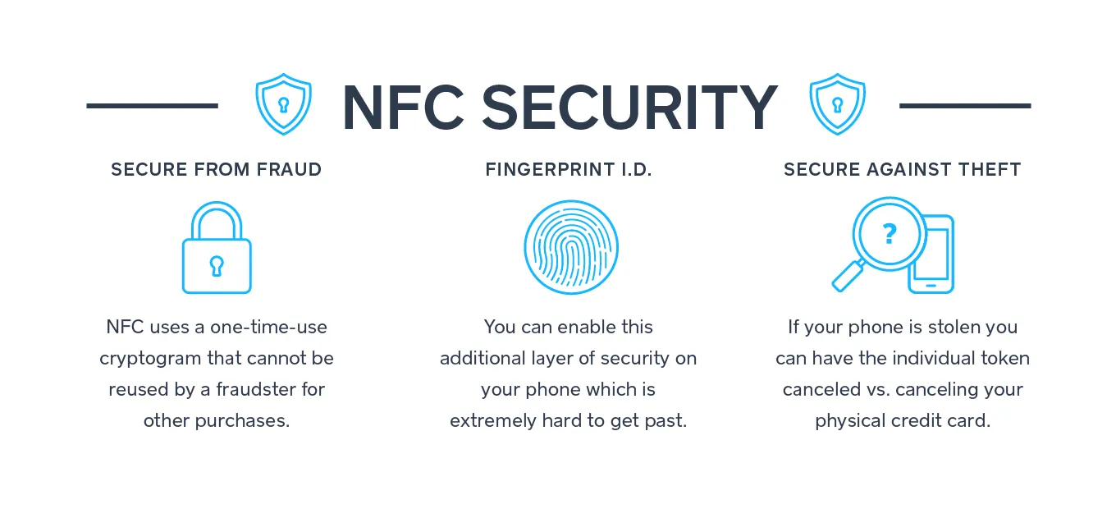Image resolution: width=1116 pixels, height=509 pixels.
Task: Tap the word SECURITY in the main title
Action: pyautogui.click(x=629, y=108)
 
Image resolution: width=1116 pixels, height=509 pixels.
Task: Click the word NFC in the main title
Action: pyautogui.click(x=403, y=108)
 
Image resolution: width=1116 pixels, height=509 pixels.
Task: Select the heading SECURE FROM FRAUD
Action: pyautogui.click(x=217, y=169)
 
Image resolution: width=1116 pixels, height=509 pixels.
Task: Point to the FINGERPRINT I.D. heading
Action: pyautogui.click(x=569, y=169)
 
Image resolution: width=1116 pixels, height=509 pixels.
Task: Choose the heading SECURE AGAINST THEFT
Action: pyautogui.click(x=903, y=169)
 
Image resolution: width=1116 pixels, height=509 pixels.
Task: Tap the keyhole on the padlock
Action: pyautogui.click(x=217, y=266)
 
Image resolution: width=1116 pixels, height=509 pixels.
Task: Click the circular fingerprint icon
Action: pyautogui.click(x=571, y=200)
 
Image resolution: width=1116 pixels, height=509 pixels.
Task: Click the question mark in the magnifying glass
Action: pyautogui.click(x=890, y=233)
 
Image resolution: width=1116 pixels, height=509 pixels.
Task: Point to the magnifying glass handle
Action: pyautogui.click(x=848, y=276)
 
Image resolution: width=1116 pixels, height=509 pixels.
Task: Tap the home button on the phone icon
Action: pyautogui.click(x=931, y=286)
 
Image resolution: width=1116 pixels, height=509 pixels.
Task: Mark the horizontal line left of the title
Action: pyautogui.click(x=153, y=106)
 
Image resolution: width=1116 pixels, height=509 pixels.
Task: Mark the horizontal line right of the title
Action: pyautogui.click(x=965, y=106)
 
